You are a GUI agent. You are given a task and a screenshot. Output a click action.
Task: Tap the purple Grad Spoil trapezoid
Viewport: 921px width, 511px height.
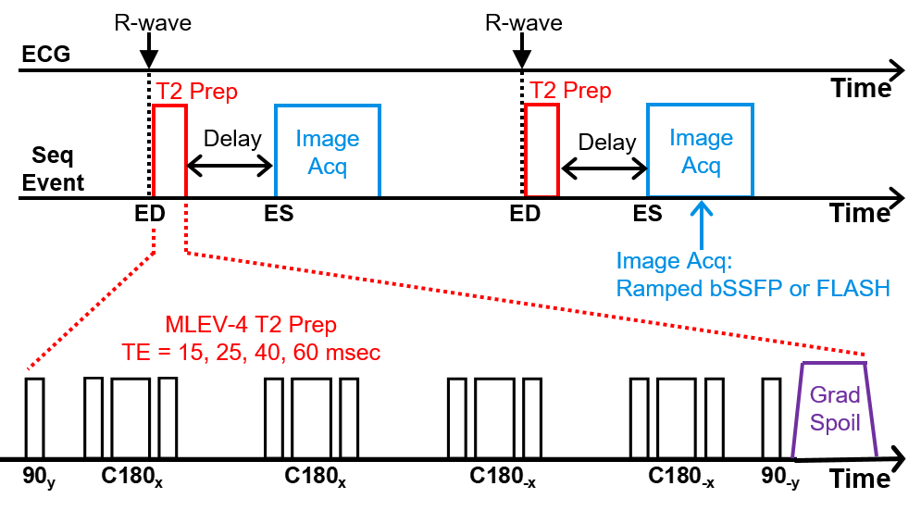835,409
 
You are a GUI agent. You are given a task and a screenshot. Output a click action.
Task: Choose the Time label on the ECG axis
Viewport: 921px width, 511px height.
860,89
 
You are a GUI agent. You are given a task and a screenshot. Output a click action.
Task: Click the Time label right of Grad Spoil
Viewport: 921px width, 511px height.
861,479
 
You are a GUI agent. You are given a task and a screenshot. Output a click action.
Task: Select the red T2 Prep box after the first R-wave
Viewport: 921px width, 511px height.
169,150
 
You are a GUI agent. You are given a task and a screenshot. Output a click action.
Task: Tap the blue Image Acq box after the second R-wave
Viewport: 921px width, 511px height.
700,150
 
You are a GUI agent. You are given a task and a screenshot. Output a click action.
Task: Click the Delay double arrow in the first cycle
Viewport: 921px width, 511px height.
230,167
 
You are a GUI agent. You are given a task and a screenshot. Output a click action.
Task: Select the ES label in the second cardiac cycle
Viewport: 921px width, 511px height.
648,214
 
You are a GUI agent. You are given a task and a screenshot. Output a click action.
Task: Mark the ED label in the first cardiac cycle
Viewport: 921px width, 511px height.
149,214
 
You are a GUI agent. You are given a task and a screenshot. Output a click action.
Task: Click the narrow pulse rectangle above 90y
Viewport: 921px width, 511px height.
34,418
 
